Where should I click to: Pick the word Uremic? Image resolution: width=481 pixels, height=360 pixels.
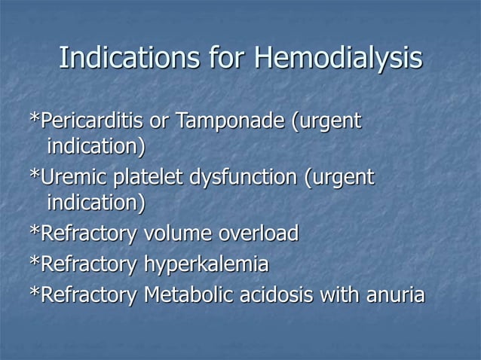click(68, 178)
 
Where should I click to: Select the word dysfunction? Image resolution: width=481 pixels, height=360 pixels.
click(237, 178)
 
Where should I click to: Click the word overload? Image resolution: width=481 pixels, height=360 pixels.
click(259, 233)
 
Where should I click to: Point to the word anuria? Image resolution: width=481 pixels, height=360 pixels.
click(392, 294)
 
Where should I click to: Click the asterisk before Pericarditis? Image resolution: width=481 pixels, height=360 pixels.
click(32, 119)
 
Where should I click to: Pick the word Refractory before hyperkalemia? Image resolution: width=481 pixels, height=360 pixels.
click(87, 264)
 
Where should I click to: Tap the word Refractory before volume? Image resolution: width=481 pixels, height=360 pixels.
click(87, 233)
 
